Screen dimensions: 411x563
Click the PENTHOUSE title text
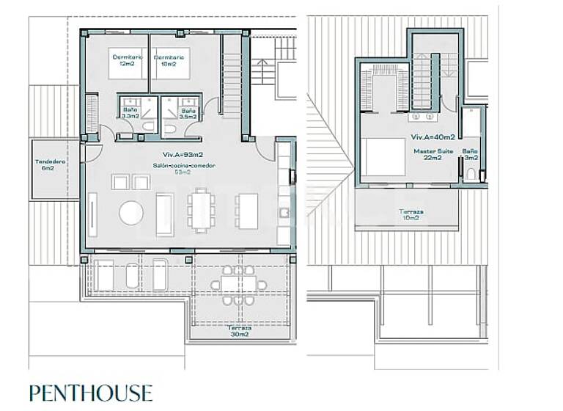click(x=91, y=393)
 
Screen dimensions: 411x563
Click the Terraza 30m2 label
click(x=239, y=331)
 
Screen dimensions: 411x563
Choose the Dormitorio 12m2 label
click(x=128, y=60)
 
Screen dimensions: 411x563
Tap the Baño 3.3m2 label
click(x=130, y=113)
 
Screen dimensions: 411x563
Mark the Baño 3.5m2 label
click(x=188, y=113)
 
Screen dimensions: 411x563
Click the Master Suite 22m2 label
click(x=433, y=154)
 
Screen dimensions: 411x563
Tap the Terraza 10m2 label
click(x=409, y=214)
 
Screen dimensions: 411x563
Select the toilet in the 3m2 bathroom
click(x=469, y=174)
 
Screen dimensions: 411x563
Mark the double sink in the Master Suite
click(x=422, y=116)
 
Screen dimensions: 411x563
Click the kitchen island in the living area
click(x=248, y=210)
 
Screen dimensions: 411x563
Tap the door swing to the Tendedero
click(x=93, y=153)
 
